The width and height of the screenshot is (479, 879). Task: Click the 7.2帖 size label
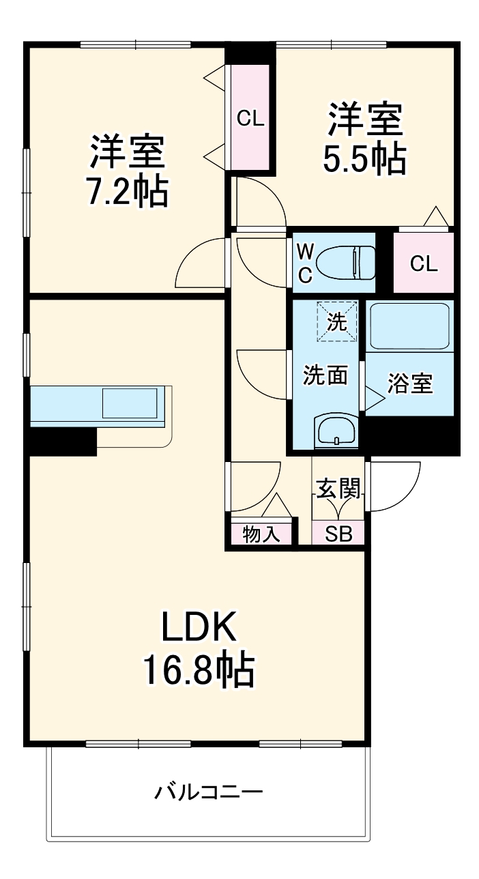click(127, 193)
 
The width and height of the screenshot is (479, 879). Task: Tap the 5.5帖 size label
click(364, 159)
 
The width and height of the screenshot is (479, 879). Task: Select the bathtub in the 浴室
click(409, 326)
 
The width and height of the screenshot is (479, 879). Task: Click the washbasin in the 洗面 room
click(334, 431)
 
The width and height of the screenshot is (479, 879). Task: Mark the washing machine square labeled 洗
click(336, 321)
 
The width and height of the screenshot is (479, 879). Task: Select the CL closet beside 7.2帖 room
click(250, 118)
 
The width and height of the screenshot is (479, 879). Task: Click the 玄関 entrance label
click(338, 489)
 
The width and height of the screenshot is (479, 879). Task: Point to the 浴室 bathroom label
click(409, 384)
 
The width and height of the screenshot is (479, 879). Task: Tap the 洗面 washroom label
click(325, 374)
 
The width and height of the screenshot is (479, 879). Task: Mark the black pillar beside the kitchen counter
click(61, 441)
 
